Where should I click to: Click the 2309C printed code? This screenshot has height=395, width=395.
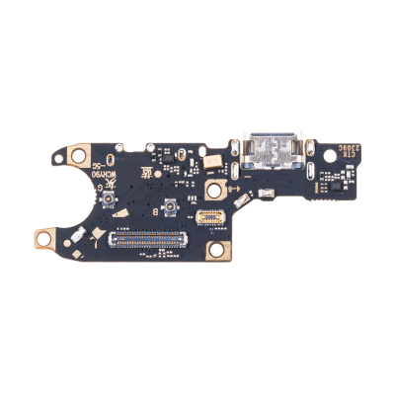tap(331, 152)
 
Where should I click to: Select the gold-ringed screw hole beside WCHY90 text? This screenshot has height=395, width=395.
tap(75, 156)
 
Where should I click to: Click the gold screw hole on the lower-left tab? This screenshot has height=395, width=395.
tap(44, 237)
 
